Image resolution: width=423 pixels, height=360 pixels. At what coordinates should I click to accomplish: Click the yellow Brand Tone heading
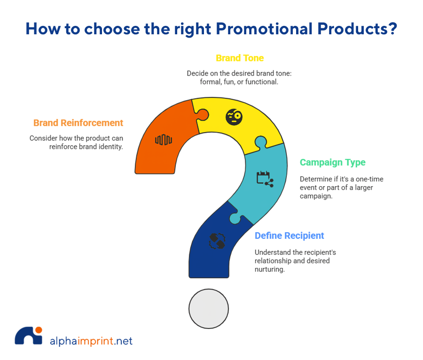click(x=240, y=58)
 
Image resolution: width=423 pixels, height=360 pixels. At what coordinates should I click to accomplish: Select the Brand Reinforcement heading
click(x=78, y=123)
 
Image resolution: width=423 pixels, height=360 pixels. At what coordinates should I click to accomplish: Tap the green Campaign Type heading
click(x=333, y=163)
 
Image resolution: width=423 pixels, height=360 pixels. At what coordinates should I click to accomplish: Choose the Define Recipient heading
click(x=289, y=235)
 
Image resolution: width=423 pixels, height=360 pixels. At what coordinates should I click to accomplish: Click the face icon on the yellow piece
click(x=234, y=117)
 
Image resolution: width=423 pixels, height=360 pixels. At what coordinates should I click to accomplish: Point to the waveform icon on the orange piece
click(x=164, y=140)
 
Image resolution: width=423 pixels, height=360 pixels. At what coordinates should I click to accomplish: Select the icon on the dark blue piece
click(x=217, y=241)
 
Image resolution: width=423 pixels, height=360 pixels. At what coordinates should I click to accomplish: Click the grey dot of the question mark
click(x=209, y=309)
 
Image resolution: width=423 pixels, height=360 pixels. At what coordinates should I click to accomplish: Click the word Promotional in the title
click(x=264, y=29)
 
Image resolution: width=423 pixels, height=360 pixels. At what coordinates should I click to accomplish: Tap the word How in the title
click(x=43, y=29)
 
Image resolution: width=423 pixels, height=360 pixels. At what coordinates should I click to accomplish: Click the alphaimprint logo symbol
click(x=29, y=336)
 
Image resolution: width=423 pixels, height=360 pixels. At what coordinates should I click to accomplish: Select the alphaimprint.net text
click(x=91, y=341)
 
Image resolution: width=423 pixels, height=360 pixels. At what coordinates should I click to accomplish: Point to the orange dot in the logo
click(x=39, y=330)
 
